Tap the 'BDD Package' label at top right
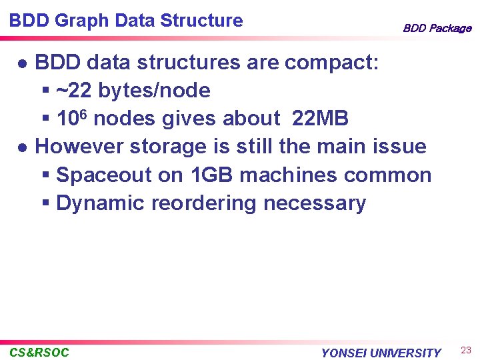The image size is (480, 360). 437,28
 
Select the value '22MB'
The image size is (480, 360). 320,119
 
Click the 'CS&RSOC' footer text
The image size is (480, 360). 39,352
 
